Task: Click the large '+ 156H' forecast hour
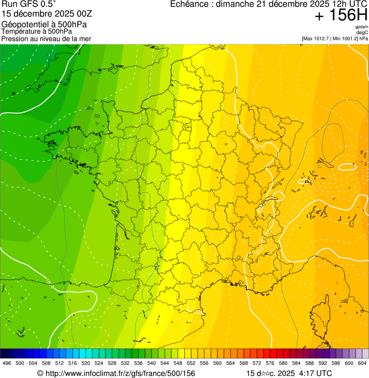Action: tap(341, 16)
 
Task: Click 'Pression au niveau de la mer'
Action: tap(46, 38)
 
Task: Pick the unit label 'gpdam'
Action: tap(361, 27)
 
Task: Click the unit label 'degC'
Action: tap(362, 32)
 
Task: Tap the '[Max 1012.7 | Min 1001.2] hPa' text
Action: tap(335, 38)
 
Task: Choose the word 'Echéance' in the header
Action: tap(191, 5)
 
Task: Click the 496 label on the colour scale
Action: tap(7, 363)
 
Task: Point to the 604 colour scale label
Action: tap(362, 363)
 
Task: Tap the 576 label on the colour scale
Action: tap(270, 363)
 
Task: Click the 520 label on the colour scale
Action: tap(86, 363)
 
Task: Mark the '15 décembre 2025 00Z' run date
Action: tap(44, 14)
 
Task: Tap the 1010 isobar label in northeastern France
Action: tap(259, 146)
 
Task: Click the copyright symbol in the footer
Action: tap(40, 373)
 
